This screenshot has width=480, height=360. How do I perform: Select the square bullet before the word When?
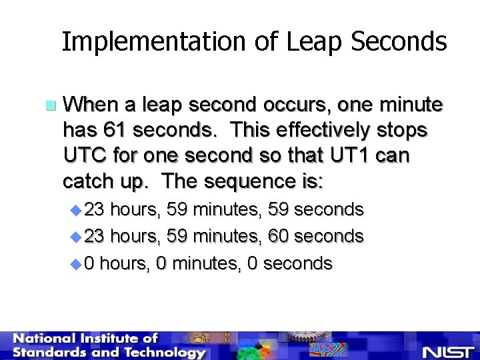pos(49,106)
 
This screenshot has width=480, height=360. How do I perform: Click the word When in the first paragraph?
pos(91,105)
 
